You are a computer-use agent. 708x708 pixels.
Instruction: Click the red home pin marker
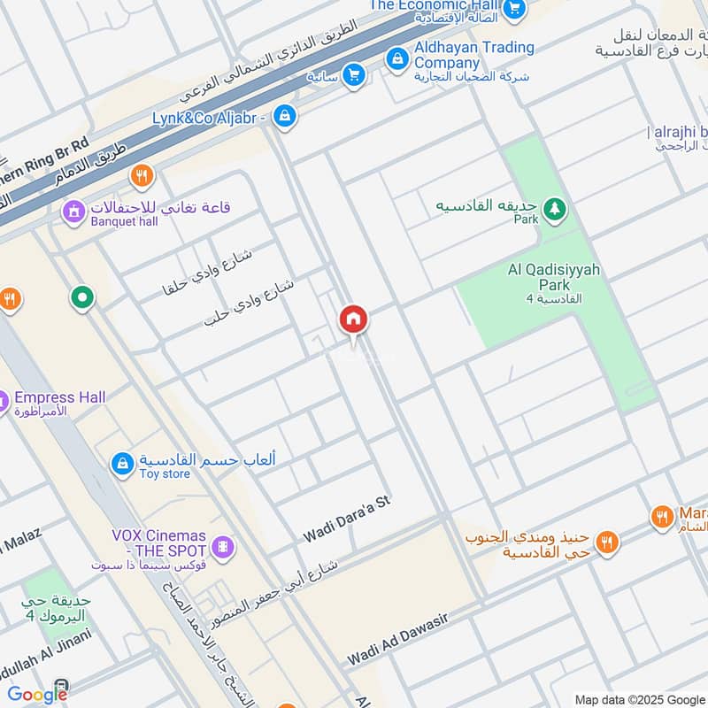pos(354,320)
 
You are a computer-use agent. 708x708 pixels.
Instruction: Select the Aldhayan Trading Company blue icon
pos(396,58)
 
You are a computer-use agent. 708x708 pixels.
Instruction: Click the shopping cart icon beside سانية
pos(354,75)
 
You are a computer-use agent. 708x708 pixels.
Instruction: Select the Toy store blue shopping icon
pos(122,462)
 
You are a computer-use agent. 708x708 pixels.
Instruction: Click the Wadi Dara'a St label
pos(347,519)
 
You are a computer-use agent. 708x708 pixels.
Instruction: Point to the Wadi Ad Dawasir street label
pos(398,643)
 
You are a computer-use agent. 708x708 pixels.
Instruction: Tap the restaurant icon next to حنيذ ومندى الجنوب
pos(606,542)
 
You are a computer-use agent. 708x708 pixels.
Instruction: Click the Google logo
pos(37,695)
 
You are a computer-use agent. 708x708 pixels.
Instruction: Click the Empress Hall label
pos(60,397)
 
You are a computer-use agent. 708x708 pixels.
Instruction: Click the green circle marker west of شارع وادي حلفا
pos(82,297)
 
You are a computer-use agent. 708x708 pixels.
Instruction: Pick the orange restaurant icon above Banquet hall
pos(141,176)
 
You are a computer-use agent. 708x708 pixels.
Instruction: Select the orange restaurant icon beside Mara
pos(661,518)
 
